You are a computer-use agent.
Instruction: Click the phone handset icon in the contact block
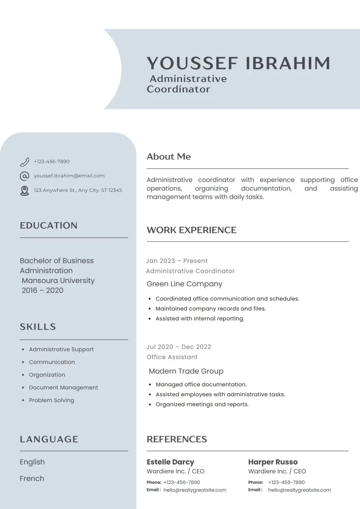(24, 162)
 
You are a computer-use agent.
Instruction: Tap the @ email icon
(24, 176)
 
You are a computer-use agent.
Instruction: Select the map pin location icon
(24, 190)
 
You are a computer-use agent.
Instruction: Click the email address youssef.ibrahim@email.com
(69, 176)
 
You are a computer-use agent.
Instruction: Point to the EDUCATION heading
(49, 226)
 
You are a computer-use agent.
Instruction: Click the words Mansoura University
(58, 280)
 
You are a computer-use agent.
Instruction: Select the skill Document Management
(63, 387)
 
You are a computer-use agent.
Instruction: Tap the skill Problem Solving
(51, 400)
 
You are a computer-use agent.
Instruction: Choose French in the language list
(32, 478)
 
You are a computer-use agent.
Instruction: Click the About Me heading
(169, 157)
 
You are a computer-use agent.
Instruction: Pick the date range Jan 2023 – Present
(177, 261)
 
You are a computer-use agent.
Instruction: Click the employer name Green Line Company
(184, 284)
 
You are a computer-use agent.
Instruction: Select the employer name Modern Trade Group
(186, 371)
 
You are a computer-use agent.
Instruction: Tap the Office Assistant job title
(172, 357)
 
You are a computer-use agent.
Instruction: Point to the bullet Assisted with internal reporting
(200, 319)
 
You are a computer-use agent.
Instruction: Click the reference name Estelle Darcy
(170, 462)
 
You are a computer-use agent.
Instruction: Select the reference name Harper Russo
(273, 462)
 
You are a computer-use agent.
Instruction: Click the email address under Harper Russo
(300, 490)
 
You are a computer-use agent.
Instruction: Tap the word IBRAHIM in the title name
(288, 63)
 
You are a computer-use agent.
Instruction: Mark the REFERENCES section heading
(177, 439)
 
